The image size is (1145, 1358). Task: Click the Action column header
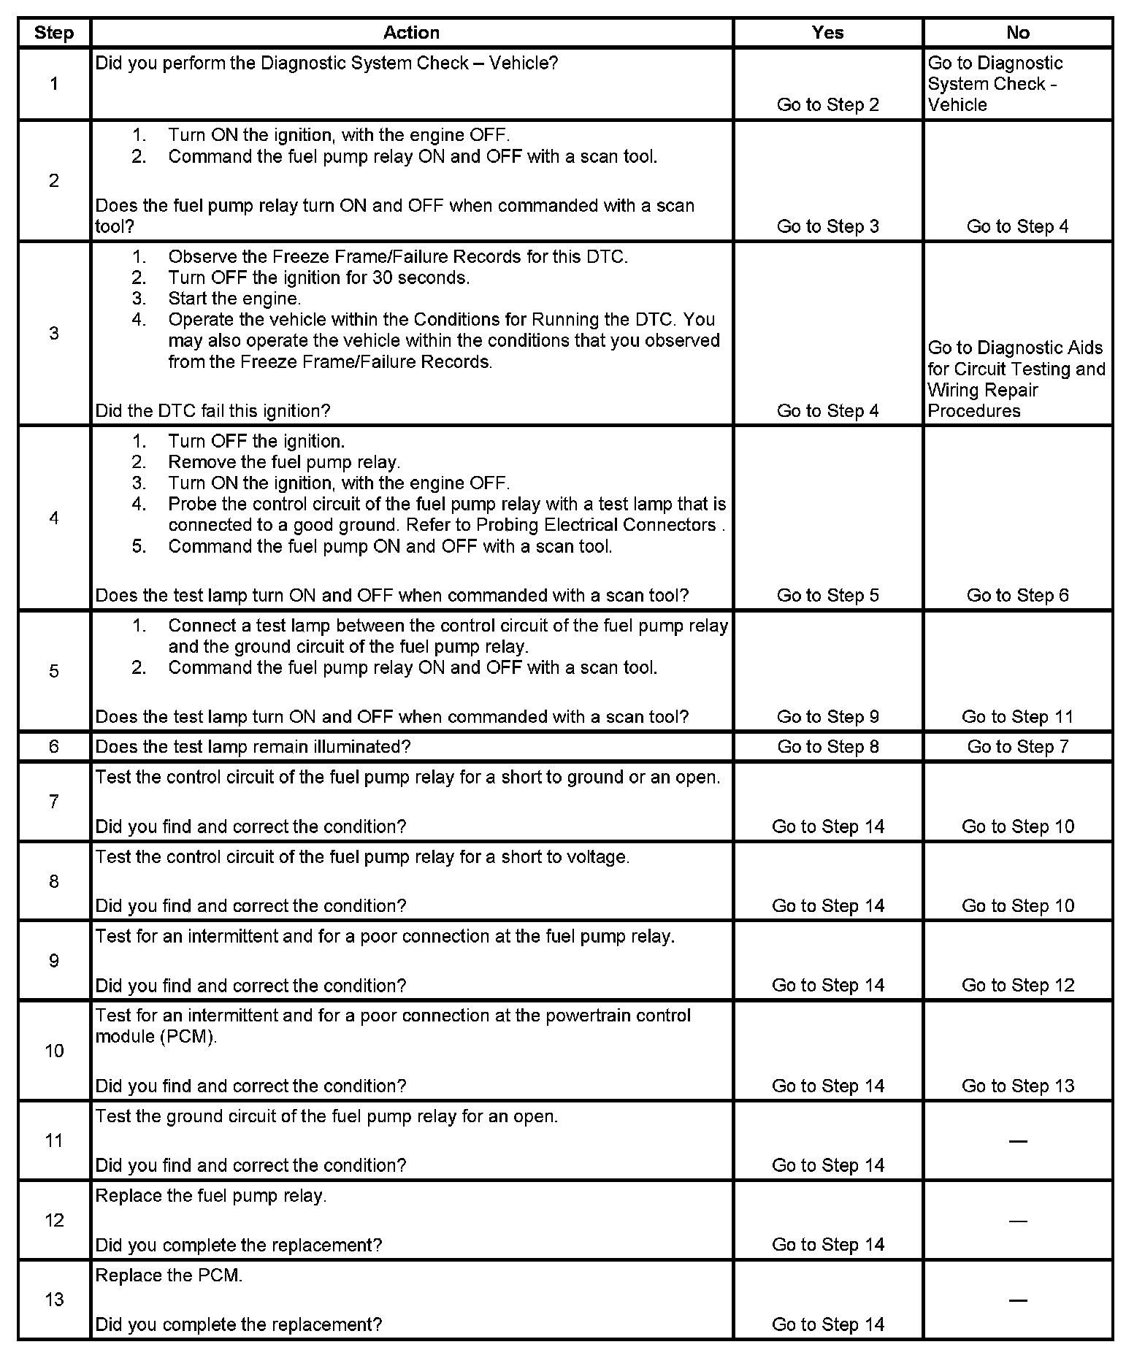click(411, 33)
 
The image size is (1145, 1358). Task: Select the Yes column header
click(827, 33)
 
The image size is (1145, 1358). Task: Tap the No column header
click(1017, 33)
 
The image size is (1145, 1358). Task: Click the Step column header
click(54, 33)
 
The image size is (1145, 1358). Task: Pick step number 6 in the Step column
click(54, 747)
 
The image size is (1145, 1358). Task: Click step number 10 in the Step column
click(54, 1051)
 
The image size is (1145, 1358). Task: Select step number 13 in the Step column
click(54, 1300)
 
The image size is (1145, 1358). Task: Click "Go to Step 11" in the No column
click(1017, 717)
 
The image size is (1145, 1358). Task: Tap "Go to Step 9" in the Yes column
click(827, 717)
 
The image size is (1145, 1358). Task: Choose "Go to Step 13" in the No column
click(1017, 1086)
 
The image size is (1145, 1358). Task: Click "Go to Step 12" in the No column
click(1017, 985)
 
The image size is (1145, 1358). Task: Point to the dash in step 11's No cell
click(1017, 1141)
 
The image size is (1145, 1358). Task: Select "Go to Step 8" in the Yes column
click(827, 747)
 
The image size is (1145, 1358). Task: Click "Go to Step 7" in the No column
click(1017, 747)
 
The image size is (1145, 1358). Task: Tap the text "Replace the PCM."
click(169, 1275)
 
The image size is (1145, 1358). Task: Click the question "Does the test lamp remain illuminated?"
click(253, 747)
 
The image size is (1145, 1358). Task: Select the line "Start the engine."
click(234, 299)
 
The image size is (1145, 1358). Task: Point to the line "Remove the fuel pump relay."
click(283, 462)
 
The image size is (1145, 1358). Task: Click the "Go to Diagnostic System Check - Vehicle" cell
click(995, 84)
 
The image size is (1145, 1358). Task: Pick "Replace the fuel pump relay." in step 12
click(211, 1196)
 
